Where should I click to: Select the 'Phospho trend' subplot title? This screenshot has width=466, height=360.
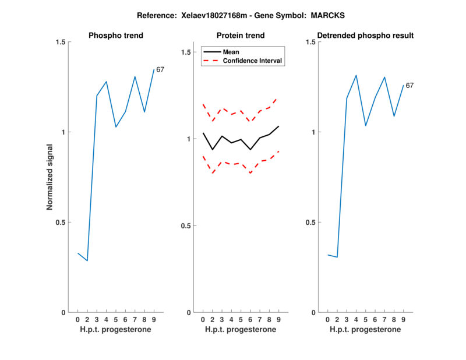[116, 36]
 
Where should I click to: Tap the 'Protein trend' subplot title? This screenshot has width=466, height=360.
[241, 36]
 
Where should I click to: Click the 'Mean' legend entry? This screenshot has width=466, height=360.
[231, 52]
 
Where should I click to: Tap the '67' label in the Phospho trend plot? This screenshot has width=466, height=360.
[160, 70]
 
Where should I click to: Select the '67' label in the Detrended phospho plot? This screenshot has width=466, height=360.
[409, 86]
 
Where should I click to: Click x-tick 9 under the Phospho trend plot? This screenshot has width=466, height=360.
[154, 320]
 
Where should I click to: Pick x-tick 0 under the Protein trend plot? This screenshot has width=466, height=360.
[203, 320]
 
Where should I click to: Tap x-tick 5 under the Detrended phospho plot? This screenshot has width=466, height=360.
[366, 320]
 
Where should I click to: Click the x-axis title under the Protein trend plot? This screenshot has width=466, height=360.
[241, 330]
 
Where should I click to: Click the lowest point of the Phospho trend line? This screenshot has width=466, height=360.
[87, 260]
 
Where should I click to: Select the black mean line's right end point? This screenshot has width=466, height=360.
[279, 126]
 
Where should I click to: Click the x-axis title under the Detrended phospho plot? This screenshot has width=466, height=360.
[366, 330]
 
